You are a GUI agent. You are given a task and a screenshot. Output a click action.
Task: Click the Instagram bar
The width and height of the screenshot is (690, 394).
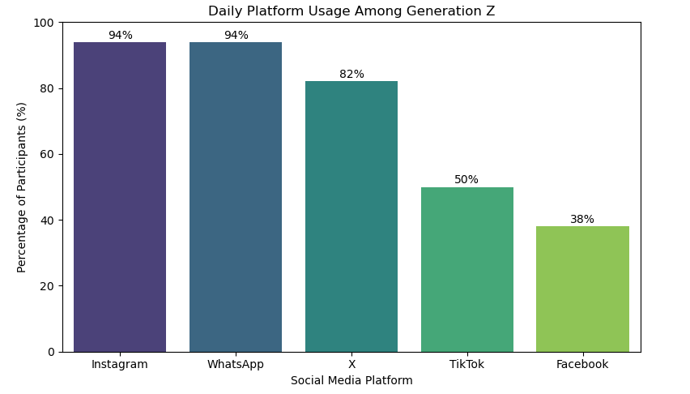point(120,197)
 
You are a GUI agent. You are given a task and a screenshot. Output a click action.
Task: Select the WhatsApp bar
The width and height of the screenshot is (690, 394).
point(236,197)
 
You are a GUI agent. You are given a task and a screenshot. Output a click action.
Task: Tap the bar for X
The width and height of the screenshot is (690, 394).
point(351,216)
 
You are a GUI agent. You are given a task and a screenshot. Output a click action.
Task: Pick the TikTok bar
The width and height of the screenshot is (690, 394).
point(467,269)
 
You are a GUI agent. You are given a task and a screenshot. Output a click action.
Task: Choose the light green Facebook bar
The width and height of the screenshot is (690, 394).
point(582,289)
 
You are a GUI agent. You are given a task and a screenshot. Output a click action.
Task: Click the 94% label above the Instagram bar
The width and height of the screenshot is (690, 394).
point(120,36)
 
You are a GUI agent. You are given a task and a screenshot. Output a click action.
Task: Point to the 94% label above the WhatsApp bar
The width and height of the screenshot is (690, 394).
point(236,36)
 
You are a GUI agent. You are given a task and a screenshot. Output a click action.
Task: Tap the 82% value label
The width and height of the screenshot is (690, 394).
point(351,75)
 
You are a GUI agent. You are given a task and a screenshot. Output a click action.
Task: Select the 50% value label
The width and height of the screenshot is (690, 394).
point(466,180)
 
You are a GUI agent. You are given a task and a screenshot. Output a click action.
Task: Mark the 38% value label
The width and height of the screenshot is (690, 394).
point(582,220)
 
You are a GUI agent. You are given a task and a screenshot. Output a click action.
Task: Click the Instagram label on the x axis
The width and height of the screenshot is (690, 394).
point(120,365)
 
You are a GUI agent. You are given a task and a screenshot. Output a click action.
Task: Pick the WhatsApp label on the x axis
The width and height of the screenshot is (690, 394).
point(236,365)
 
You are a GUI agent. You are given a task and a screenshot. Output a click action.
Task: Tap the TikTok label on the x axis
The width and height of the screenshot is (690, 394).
point(467,365)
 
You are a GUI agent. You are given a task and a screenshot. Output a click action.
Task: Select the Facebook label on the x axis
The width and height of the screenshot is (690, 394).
point(582,365)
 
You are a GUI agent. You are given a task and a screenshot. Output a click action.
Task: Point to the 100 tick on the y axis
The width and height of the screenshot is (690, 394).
point(44,23)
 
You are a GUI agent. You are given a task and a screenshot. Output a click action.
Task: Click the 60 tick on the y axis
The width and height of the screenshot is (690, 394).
point(47,154)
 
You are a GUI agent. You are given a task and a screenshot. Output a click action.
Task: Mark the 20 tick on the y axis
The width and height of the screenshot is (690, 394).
point(47,286)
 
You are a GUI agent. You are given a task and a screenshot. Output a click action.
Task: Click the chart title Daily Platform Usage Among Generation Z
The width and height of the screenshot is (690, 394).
point(351,11)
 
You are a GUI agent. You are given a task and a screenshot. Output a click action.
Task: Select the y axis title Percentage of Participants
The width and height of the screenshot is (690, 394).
point(22,187)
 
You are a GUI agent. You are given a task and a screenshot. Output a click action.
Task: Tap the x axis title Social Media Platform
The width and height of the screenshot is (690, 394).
point(351,381)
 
